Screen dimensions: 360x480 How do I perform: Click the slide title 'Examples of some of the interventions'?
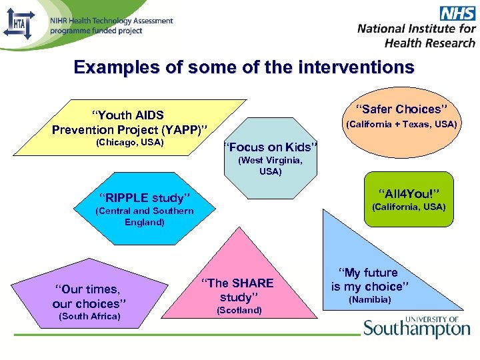pos(244,68)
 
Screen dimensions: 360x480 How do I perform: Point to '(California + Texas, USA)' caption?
pos(401,124)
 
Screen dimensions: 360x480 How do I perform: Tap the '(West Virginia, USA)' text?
pos(271,166)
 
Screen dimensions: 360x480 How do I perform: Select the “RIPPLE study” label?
pos(145,197)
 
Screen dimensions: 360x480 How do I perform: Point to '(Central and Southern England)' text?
pos(145,217)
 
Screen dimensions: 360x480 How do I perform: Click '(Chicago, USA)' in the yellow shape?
pos(130,143)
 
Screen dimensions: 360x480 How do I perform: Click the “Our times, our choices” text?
pos(90,297)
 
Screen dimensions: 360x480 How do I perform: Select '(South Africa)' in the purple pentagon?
pos(90,316)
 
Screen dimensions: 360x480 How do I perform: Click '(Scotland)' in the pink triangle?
pos(239,310)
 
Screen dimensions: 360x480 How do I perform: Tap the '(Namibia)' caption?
pos(370,300)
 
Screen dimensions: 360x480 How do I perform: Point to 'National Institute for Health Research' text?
pos(417,35)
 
